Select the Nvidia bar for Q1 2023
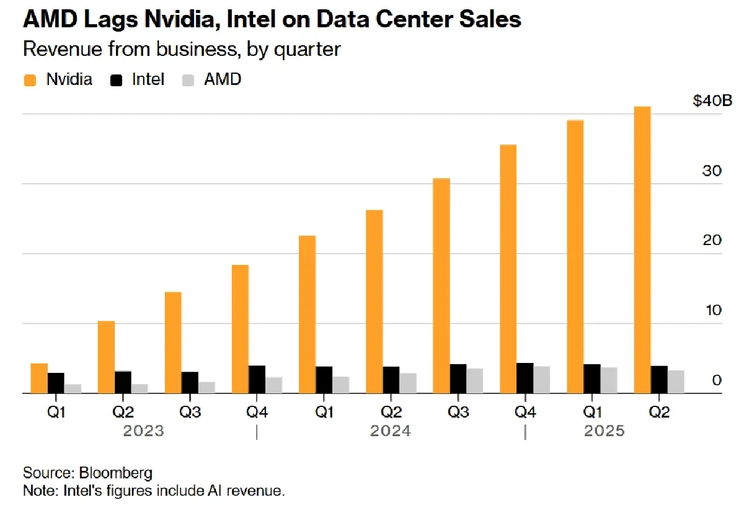point(39,378)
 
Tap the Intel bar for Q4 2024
point(525,378)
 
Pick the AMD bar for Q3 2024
point(474,380)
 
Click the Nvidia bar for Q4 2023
point(240,329)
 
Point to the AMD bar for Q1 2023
point(73,388)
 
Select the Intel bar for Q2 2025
point(659,379)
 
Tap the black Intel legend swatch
point(117,79)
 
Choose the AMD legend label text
point(222,79)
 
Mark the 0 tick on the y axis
point(716,380)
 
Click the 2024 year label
point(390,431)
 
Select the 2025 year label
point(604,431)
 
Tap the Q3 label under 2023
point(189,411)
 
